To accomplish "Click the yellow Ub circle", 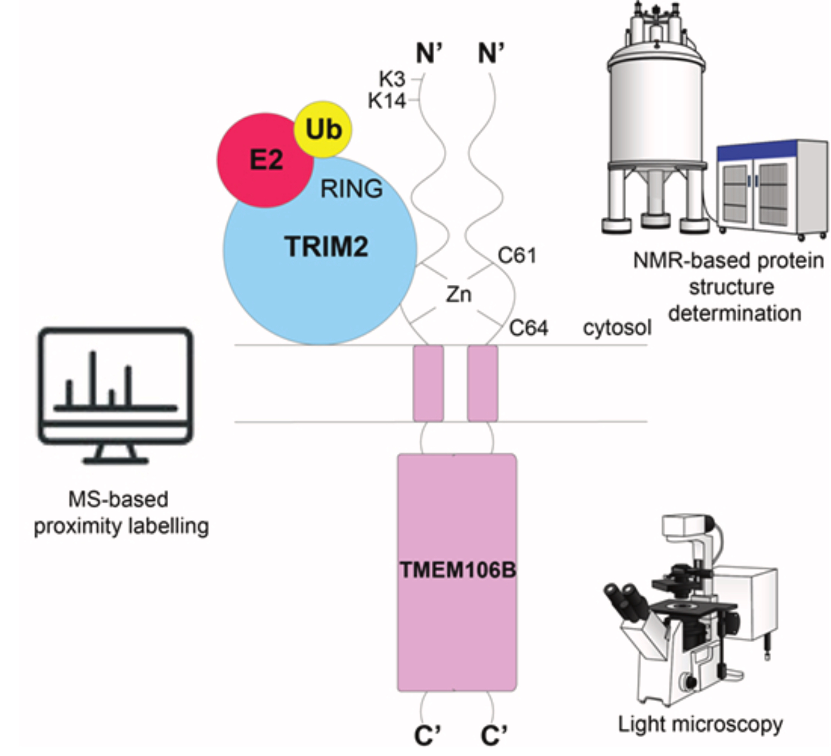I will pyautogui.click(x=323, y=129).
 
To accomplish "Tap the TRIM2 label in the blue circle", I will pyautogui.click(x=326, y=247).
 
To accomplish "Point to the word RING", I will pyautogui.click(x=351, y=189).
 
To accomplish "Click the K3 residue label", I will pyautogui.click(x=391, y=79).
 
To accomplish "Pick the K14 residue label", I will pyautogui.click(x=386, y=100).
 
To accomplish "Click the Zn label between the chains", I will pyautogui.click(x=458, y=295).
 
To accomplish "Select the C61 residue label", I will pyautogui.click(x=517, y=255).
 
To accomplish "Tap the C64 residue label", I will pyautogui.click(x=529, y=328).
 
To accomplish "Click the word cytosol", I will pyautogui.click(x=617, y=328).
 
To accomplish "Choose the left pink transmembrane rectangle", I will pyautogui.click(x=428, y=383).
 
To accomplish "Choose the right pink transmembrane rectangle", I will pyautogui.click(x=482, y=383).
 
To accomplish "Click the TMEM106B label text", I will pyautogui.click(x=457, y=570).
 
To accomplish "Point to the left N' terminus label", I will pyautogui.click(x=428, y=54).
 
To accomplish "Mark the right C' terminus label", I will pyautogui.click(x=494, y=736).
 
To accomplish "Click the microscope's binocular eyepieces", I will pyautogui.click(x=625, y=598).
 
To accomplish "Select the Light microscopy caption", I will pyautogui.click(x=700, y=724).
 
